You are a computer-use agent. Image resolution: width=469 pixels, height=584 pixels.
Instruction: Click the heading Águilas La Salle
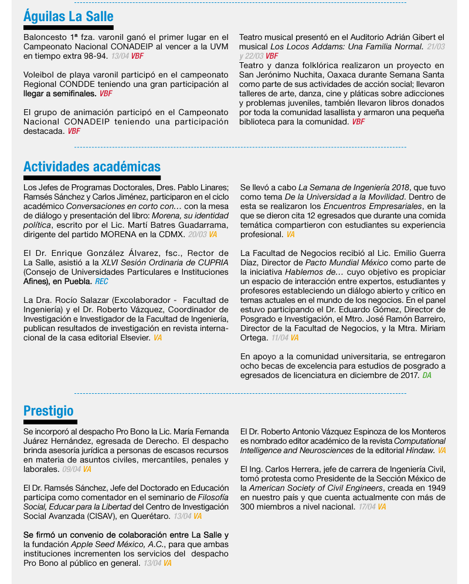(68, 16)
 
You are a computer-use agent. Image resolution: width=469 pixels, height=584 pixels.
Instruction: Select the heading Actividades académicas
(91, 167)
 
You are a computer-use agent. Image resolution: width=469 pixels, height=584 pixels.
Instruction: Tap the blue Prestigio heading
(49, 410)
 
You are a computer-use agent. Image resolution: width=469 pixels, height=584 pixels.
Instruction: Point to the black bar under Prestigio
(50, 422)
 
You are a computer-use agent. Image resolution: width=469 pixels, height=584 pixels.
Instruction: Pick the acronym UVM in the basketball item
(218, 47)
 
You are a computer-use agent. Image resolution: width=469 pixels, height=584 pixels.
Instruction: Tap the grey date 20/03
(197, 234)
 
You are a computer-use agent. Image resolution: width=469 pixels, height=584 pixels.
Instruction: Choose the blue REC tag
(102, 282)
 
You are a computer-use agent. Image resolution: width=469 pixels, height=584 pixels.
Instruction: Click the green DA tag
(427, 375)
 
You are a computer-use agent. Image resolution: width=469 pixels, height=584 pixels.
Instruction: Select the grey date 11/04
(279, 338)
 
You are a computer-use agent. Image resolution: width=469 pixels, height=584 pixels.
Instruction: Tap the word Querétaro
(149, 516)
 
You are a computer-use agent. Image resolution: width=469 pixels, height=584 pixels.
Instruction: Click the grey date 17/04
(366, 507)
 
